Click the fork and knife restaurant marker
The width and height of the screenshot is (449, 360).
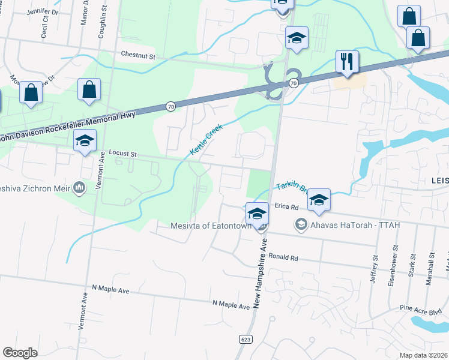[x=347, y=62]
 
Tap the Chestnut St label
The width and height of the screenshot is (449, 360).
[x=138, y=55]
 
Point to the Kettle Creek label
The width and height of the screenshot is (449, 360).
[x=206, y=139]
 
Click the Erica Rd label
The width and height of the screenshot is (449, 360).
[x=286, y=206]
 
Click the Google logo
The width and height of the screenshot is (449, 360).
[x=20, y=353]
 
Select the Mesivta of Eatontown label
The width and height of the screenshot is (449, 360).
[x=211, y=226]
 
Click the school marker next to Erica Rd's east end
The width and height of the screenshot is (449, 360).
[x=319, y=200]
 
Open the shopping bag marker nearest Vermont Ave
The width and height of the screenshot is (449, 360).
[x=89, y=91]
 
